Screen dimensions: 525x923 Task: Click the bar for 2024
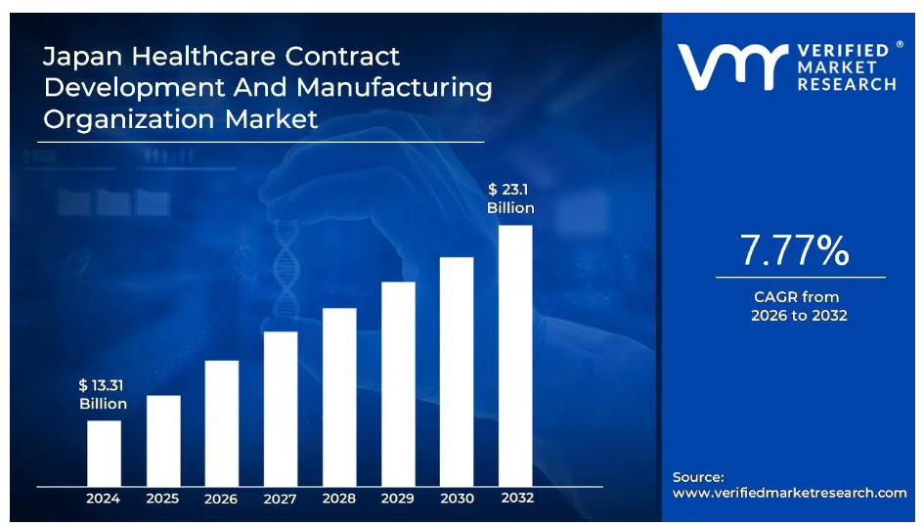[104, 453]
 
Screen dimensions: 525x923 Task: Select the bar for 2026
[221, 422]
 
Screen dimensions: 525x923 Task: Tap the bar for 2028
[339, 396]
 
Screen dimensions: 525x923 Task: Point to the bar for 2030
[457, 371]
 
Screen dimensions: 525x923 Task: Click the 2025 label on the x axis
[162, 499]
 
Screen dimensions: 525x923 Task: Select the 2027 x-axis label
[280, 499]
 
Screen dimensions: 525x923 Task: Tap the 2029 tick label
[398, 499]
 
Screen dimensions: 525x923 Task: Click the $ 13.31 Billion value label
[103, 395]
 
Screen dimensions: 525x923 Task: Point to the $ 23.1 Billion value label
[510, 198]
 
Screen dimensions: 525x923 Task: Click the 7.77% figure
[794, 251]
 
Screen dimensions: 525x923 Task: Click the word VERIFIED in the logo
[842, 50]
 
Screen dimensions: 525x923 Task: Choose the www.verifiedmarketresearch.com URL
[790, 493]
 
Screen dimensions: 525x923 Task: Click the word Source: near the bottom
[698, 476]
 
